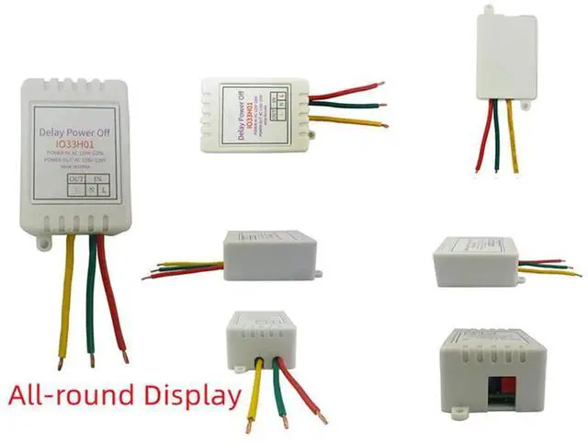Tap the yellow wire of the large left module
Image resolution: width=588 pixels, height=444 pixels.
[65, 294]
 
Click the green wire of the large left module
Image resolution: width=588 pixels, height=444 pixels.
[91, 294]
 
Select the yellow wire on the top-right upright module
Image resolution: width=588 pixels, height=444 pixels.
[512, 138]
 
